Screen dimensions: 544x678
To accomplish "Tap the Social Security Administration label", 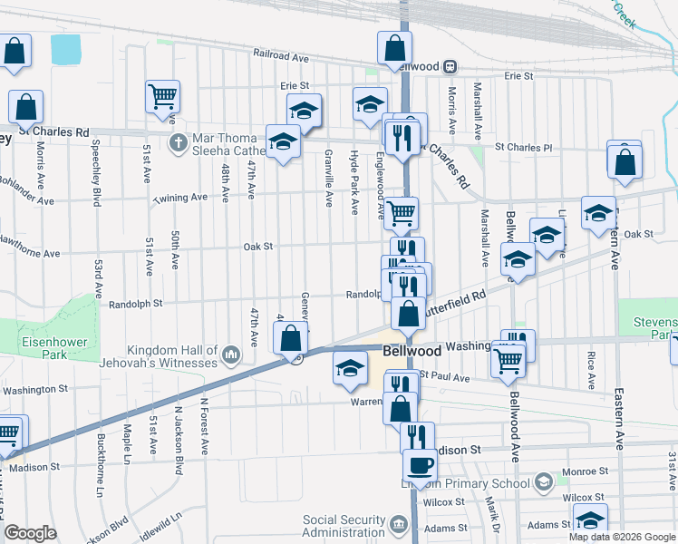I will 344,525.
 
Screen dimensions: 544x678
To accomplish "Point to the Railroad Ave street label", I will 281,56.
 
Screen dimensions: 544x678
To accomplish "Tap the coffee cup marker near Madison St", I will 420,466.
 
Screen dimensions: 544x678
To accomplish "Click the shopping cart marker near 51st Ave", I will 162,95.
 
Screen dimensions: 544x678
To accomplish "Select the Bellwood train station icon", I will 450,66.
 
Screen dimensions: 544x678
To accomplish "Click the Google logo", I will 31,533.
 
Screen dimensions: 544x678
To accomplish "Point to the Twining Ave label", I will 179,198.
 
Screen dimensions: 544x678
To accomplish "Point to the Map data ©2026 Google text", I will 621,537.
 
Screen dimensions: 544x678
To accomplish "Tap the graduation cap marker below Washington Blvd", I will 349,368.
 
